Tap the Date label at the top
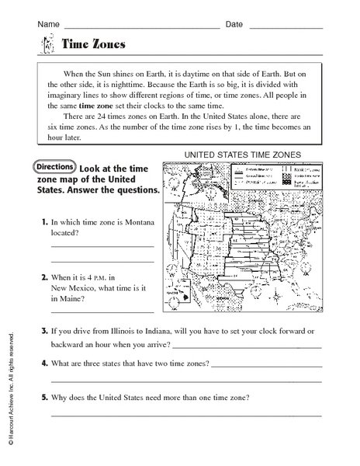[234, 25]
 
